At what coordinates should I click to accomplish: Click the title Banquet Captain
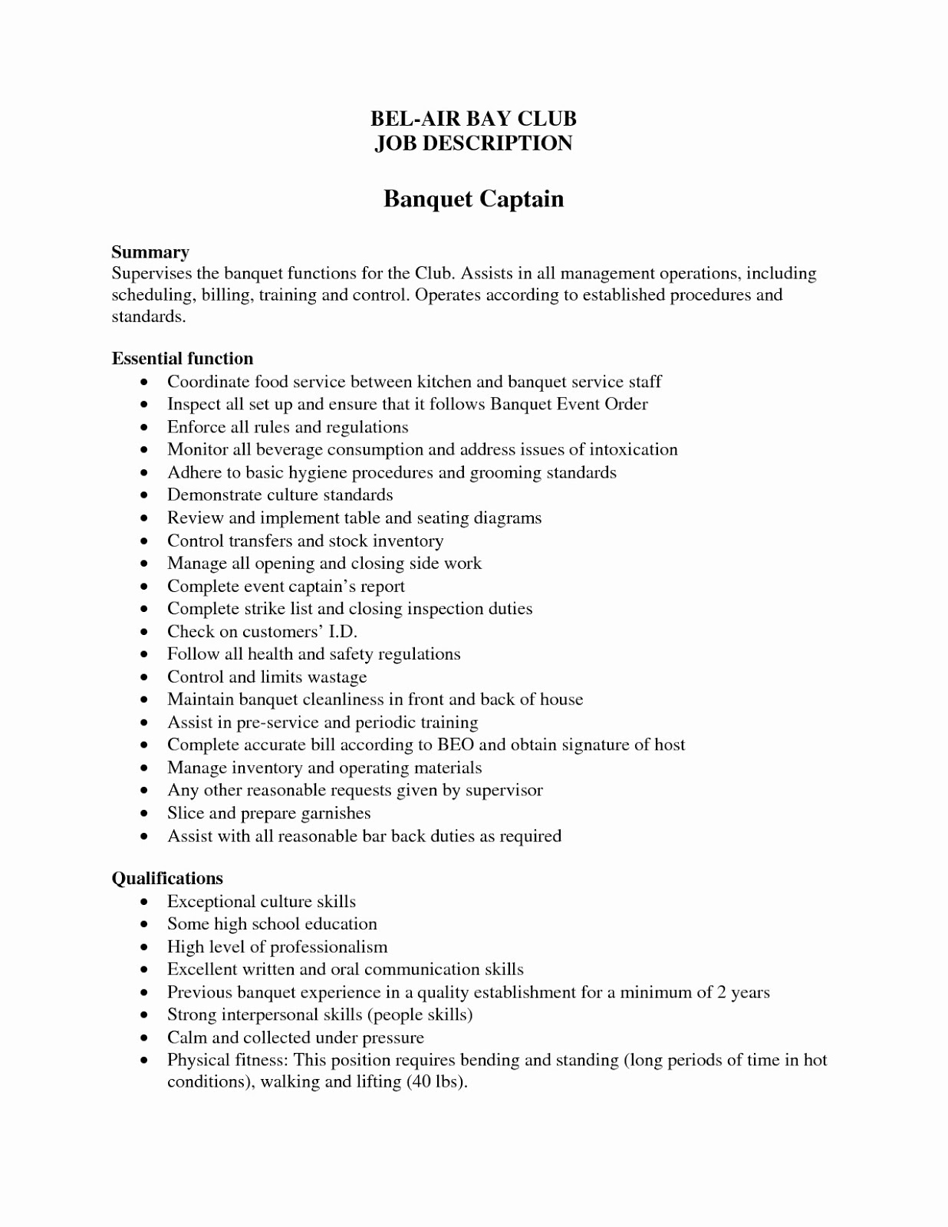click(x=473, y=199)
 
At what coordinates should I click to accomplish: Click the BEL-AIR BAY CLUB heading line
click(x=473, y=119)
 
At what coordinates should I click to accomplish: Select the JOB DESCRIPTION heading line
click(x=473, y=143)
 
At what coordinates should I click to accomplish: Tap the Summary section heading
click(x=150, y=252)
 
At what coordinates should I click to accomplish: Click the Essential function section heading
click(x=183, y=359)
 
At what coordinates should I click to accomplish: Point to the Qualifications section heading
click(x=167, y=879)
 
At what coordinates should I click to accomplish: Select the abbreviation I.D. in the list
click(x=343, y=632)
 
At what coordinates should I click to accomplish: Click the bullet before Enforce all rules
click(x=144, y=428)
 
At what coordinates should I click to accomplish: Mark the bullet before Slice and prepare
click(x=144, y=814)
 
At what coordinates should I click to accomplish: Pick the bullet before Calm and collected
click(x=144, y=1038)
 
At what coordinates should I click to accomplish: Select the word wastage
click(x=337, y=677)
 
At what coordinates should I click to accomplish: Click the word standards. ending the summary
click(x=149, y=317)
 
